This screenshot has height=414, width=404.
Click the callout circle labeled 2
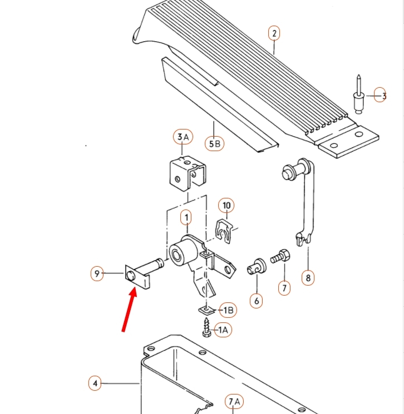pos(273,33)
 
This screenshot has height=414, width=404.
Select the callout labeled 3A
pos(183,137)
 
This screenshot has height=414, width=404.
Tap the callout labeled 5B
pos(215,144)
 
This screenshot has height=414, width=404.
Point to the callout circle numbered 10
pos(226,206)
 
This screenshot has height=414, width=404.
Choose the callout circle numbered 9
pos(97,273)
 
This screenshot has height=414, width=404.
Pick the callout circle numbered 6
pos(257,301)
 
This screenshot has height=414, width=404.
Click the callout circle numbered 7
pos(284,288)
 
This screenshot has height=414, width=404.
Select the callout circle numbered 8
pos(307,277)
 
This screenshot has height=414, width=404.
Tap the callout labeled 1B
pos(228,310)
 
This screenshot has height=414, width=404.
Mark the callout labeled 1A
pos(223,331)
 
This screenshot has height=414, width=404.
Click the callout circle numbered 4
pos(95,383)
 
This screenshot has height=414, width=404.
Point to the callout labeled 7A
pos(234,402)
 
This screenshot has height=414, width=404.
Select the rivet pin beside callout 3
pos(359,95)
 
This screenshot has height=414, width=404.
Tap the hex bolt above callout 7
pos(280,257)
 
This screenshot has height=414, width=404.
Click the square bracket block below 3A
pos(185,174)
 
